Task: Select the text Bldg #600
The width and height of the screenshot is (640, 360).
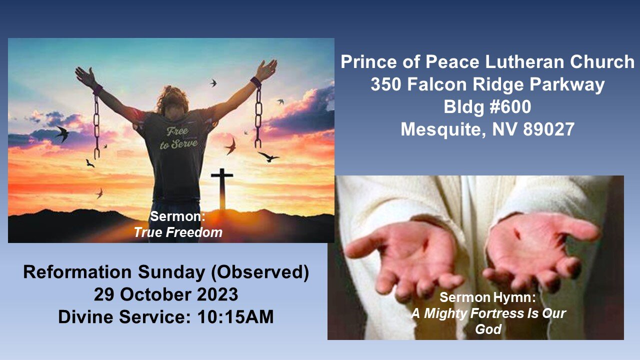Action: [x=487, y=106]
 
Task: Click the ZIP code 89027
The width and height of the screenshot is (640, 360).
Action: [x=548, y=129]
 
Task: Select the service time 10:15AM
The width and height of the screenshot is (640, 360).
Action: [x=235, y=317]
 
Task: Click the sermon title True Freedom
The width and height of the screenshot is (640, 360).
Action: [x=178, y=232]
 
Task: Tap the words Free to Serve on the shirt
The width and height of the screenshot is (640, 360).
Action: [x=178, y=138]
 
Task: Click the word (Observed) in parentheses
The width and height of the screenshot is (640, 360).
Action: [x=260, y=272]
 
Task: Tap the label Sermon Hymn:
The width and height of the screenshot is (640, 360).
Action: [x=487, y=297]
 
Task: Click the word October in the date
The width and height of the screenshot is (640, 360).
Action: [x=155, y=294]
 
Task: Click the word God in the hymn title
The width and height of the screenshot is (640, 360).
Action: [x=488, y=329]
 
